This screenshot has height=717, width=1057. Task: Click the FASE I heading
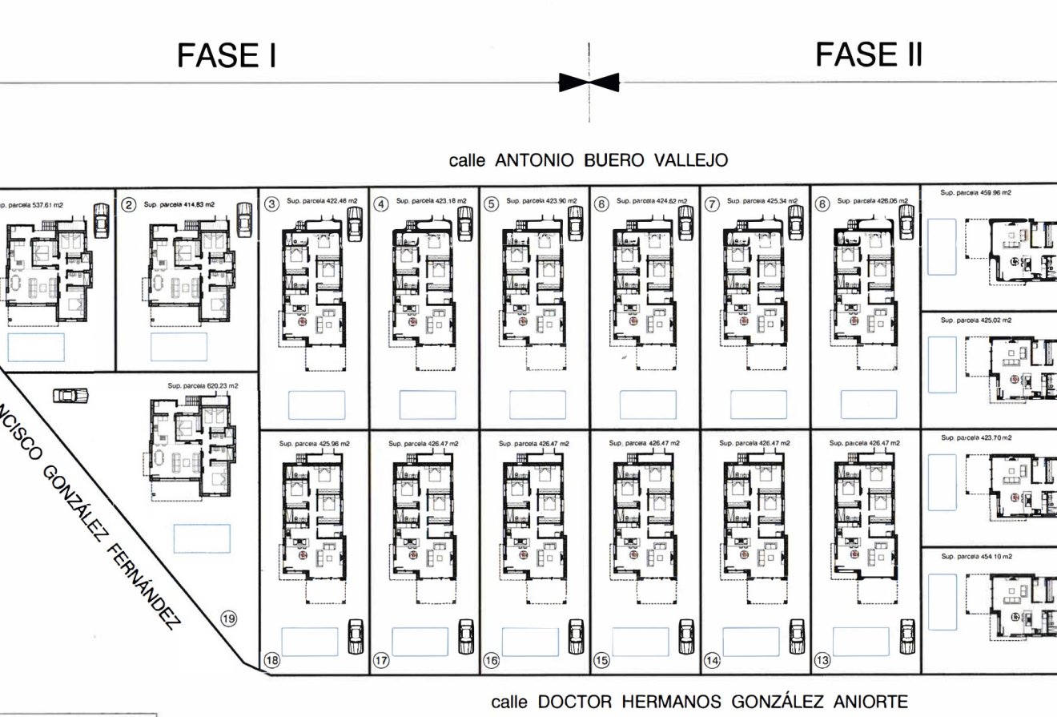[x=227, y=56]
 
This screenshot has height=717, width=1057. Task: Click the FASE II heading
[x=869, y=54]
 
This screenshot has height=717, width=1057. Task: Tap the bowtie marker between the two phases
[x=589, y=82]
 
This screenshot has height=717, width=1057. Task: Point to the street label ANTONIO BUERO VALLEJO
[x=589, y=160]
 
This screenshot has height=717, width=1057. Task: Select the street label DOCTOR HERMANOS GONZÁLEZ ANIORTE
[x=700, y=702]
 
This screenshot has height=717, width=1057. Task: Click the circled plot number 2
[x=128, y=205]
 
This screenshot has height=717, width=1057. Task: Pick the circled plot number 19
[x=228, y=618]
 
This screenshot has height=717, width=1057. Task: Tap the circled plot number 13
[x=822, y=661]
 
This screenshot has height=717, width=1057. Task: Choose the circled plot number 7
[x=711, y=203]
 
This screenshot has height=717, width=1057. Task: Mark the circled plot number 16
[x=491, y=661]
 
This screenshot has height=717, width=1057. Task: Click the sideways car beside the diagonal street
[x=70, y=395]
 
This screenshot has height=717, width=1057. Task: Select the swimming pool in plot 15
[x=640, y=642]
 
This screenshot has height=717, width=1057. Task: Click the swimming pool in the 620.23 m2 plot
[x=202, y=538]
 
